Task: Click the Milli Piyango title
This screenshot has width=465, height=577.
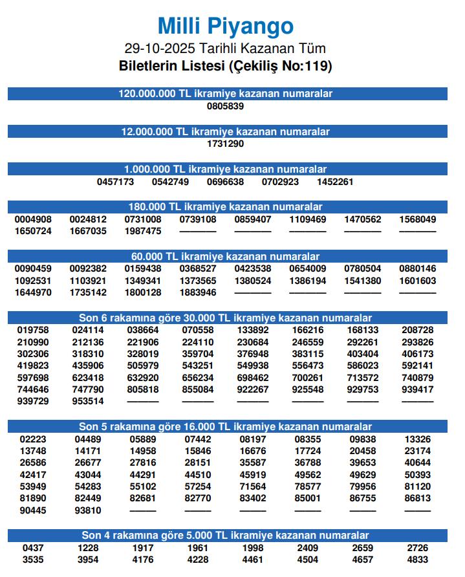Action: pyautogui.click(x=226, y=27)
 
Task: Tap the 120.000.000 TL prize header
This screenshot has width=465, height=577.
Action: pyautogui.click(x=226, y=94)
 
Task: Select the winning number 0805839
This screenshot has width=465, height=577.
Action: pyautogui.click(x=226, y=106)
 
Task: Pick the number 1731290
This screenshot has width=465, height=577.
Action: pyautogui.click(x=226, y=144)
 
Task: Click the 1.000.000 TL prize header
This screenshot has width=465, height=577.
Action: pyautogui.click(x=226, y=169)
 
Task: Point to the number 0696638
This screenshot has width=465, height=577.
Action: pyautogui.click(x=226, y=182)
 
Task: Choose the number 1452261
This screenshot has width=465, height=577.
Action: pyautogui.click(x=335, y=182)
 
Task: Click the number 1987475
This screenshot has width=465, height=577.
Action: pyautogui.click(x=143, y=231)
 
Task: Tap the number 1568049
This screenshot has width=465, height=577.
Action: pyautogui.click(x=418, y=219)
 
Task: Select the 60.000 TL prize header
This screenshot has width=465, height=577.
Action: pyautogui.click(x=226, y=257)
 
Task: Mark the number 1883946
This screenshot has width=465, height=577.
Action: pyautogui.click(x=198, y=293)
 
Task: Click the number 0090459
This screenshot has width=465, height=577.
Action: pyautogui.click(x=33, y=268)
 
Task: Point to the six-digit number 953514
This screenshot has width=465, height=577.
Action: pyautogui.click(x=88, y=401)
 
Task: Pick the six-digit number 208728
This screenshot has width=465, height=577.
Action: pyautogui.click(x=418, y=330)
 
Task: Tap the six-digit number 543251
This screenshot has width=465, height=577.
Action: pyautogui.click(x=198, y=365)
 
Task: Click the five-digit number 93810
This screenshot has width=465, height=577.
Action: pyautogui.click(x=88, y=510)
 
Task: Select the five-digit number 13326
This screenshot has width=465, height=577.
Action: pyautogui.click(x=418, y=439)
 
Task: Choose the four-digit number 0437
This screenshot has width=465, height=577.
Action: pyautogui.click(x=33, y=548)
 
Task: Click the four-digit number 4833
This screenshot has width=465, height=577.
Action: pyautogui.click(x=418, y=560)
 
